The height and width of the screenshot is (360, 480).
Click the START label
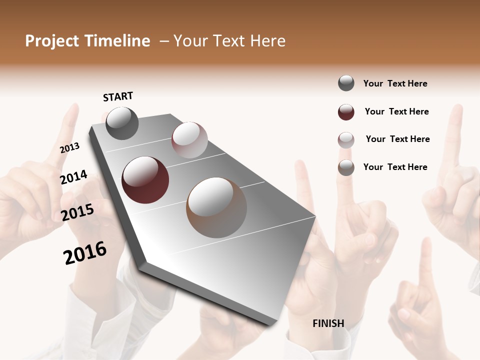[118, 96]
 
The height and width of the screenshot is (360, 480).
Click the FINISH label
[328, 323]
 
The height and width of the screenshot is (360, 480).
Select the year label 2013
[69, 148]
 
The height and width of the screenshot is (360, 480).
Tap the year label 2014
[73, 177]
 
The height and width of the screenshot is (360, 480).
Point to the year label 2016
[85, 253]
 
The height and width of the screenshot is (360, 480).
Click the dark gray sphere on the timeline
[122, 123]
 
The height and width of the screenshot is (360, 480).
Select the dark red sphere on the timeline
[145, 180]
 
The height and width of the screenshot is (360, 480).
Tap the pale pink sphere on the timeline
[189, 139]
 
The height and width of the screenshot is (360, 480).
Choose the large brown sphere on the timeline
[216, 207]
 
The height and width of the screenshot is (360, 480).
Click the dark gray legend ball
[346, 83]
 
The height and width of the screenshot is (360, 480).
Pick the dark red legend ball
[346, 112]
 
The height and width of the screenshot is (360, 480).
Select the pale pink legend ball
[346, 140]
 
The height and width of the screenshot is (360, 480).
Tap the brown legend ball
[346, 167]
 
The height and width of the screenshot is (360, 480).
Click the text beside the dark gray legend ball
[395, 83]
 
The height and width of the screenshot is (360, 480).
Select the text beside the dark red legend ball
[396, 111]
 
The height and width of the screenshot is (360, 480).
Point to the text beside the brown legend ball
[395, 167]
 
